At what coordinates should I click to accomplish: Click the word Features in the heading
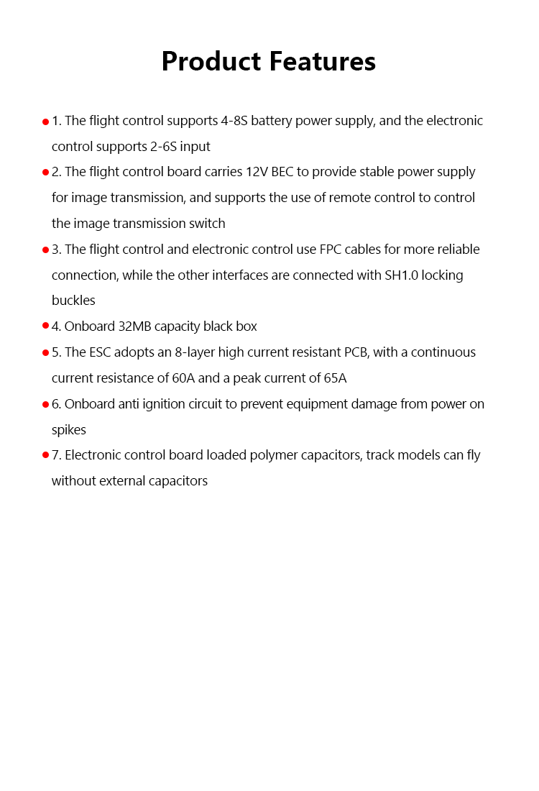[x=322, y=62]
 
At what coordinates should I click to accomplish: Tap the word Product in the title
[x=212, y=62]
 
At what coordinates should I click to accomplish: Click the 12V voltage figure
[x=257, y=173]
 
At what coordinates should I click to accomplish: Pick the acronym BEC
[x=282, y=173]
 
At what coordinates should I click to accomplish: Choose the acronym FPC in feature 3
[x=331, y=250]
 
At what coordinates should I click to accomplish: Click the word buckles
[x=73, y=301]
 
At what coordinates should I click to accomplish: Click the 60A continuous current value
[x=183, y=378]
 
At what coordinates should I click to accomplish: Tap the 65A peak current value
[x=334, y=378]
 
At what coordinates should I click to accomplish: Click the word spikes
[x=69, y=430]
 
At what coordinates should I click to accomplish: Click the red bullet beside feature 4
[x=46, y=326]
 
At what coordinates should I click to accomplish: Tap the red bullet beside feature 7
[x=46, y=455]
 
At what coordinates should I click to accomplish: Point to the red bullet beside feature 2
[x=46, y=173]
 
